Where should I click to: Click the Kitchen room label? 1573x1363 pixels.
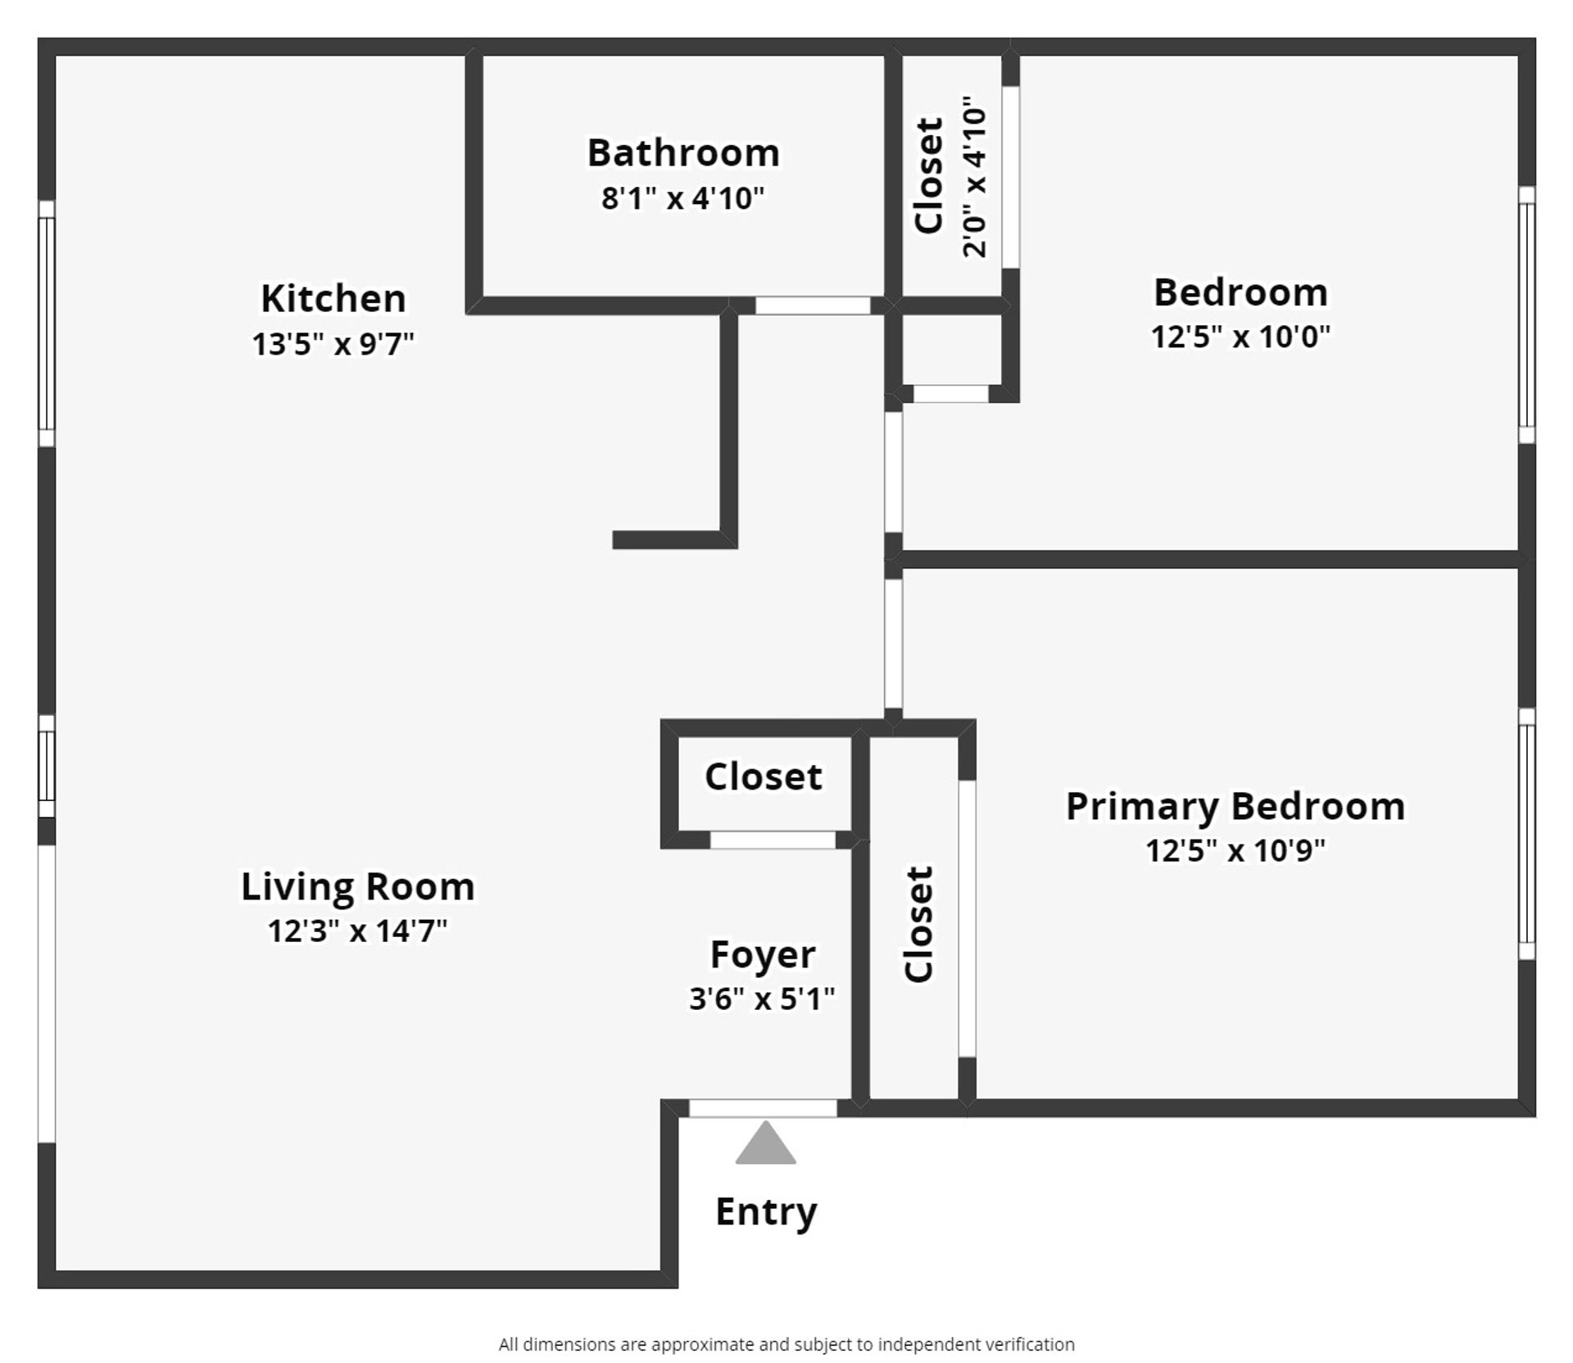tap(333, 299)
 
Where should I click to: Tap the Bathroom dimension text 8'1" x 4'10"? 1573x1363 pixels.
tap(682, 199)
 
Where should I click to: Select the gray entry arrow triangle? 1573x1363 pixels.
tap(765, 1143)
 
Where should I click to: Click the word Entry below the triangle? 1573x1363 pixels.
tap(766, 1211)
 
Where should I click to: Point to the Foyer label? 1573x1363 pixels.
tap(762, 955)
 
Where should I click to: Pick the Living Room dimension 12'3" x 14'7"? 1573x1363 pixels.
tap(357, 931)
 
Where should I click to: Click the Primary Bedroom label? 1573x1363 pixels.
tap(1235, 807)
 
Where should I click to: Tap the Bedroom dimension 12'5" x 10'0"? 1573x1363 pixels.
tap(1240, 337)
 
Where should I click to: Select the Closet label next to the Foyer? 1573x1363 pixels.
tap(763, 777)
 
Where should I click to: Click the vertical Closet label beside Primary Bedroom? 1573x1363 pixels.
tap(919, 924)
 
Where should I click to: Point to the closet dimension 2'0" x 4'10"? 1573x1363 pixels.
tap(975, 178)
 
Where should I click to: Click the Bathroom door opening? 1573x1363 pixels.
tap(812, 306)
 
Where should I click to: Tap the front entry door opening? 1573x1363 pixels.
tap(763, 1108)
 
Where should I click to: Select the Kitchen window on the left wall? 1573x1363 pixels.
tap(47, 324)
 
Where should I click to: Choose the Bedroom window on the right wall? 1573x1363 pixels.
tap(1526, 315)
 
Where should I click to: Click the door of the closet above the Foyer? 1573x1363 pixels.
tap(772, 840)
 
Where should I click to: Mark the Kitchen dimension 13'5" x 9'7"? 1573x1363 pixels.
tap(333, 344)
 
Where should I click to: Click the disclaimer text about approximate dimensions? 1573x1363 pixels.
tap(786, 1344)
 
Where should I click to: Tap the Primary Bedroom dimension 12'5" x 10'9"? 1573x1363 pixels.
tap(1235, 851)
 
